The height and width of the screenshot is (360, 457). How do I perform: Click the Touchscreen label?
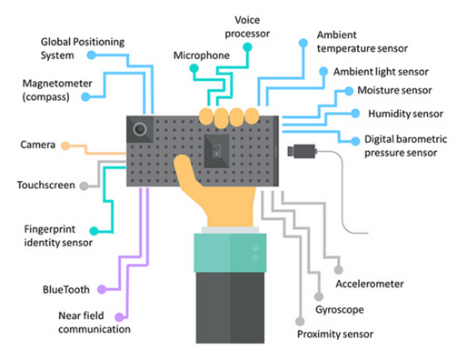(45, 185)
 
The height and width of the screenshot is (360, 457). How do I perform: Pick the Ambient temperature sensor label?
(361, 41)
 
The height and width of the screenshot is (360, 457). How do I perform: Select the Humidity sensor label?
(400, 115)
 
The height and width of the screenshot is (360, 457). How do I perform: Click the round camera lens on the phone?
(139, 130)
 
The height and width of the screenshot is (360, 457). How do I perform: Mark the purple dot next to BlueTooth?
(102, 289)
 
